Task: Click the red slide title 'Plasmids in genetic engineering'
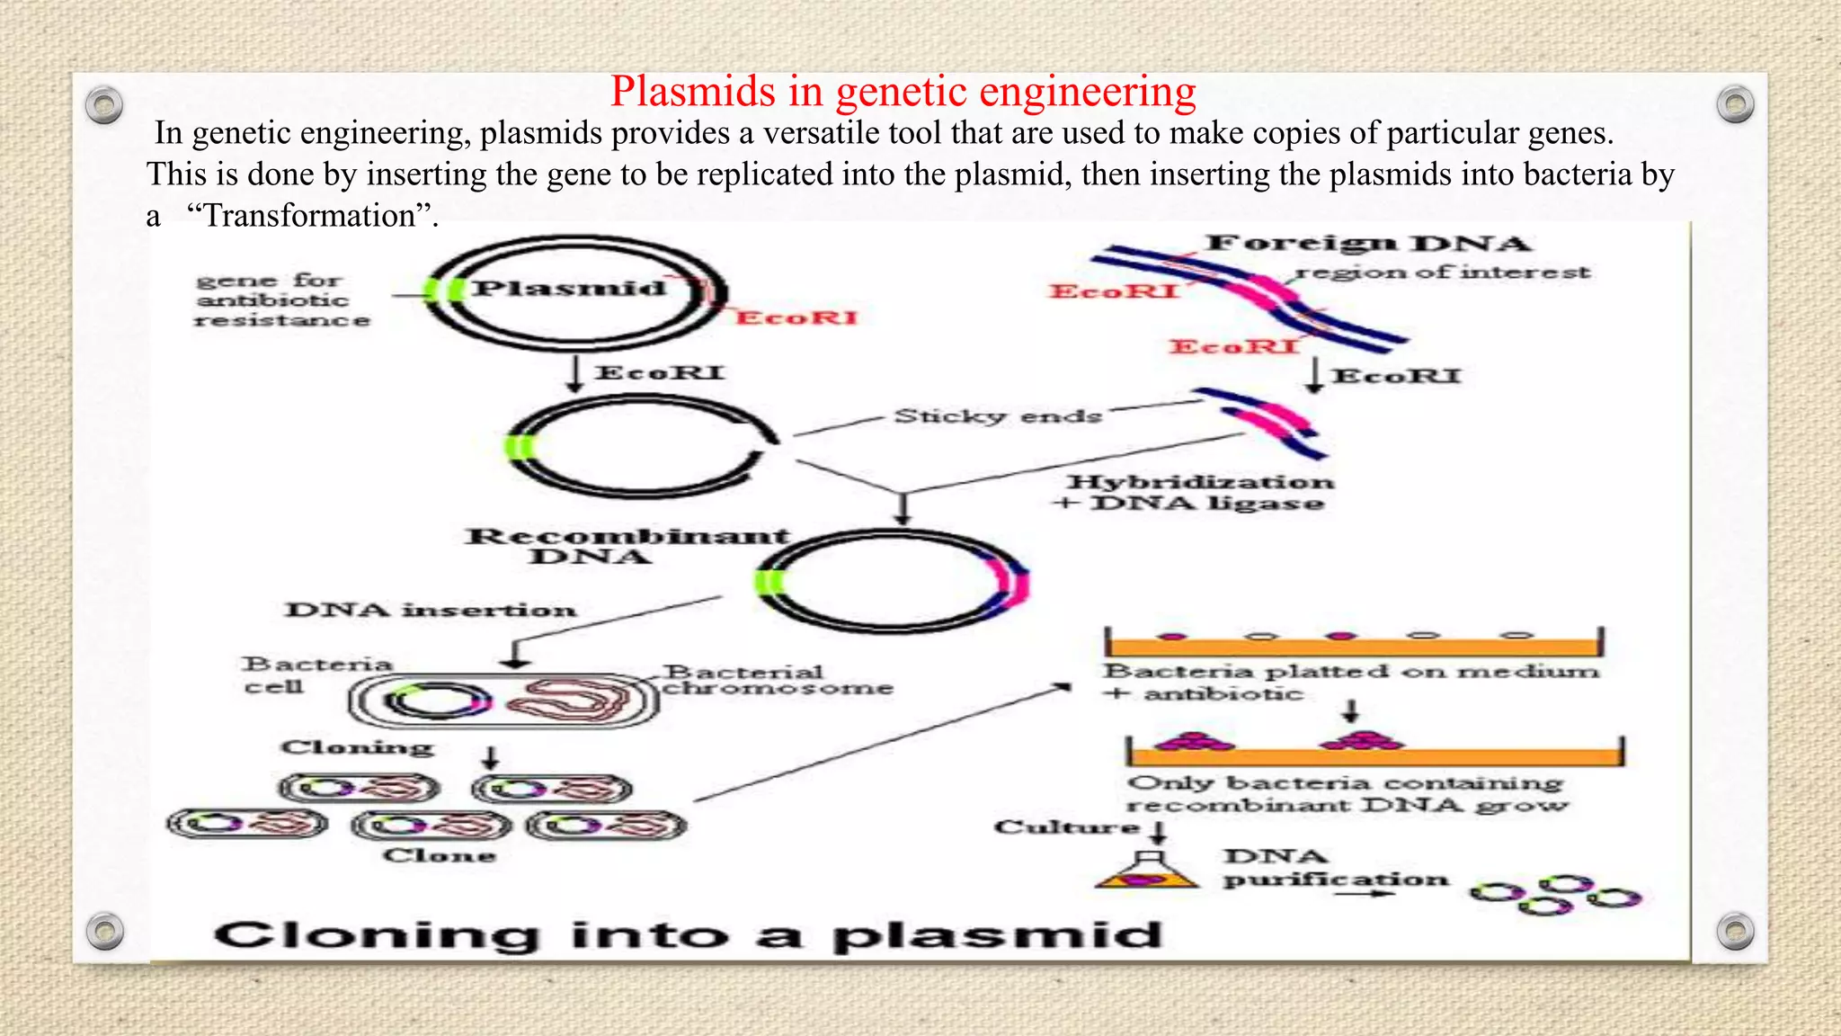903,92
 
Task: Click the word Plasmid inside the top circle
569,288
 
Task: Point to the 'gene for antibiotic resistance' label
281,300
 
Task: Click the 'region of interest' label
1443,272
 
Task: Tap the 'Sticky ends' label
997,416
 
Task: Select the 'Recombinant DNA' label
627,545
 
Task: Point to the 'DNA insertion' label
431,610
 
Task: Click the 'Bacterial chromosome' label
777,680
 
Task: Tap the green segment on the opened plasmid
519,447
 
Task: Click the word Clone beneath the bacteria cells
439,855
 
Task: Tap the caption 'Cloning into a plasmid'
688,935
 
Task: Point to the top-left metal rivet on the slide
104,105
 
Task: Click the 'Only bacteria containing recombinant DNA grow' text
1346,793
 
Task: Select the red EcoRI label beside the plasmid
797,317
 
